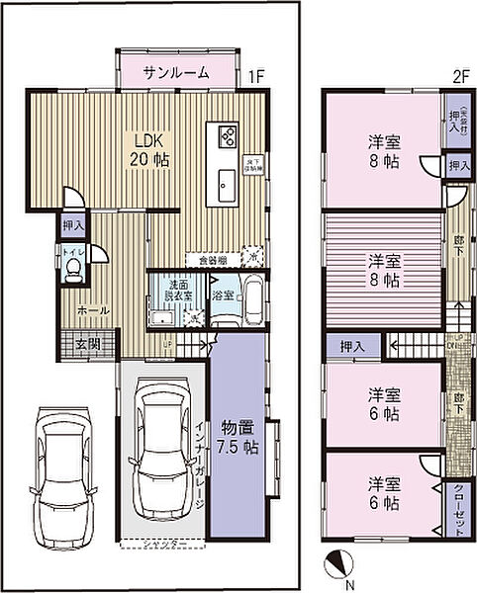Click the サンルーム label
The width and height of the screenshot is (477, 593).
tap(175, 72)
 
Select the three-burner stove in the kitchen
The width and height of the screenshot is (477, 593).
tap(226, 136)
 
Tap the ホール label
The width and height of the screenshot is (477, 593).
tap(94, 310)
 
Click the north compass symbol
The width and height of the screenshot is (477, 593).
tap(338, 564)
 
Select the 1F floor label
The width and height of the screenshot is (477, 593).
tap(256, 74)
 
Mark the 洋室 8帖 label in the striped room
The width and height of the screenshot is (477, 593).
tap(384, 270)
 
